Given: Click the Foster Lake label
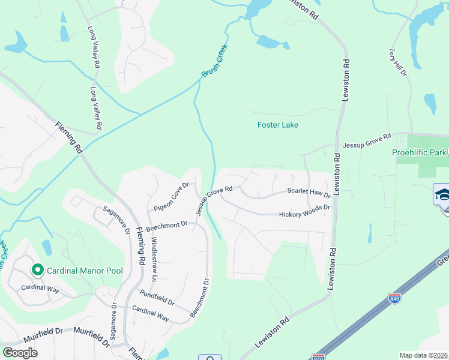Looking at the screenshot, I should (277, 125).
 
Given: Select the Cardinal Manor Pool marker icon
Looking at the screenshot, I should (37, 271).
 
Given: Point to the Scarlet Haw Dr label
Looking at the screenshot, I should (309, 193).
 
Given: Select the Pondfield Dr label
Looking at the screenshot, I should (155, 298).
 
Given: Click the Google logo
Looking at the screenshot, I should (20, 353).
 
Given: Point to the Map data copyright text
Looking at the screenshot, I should (424, 355).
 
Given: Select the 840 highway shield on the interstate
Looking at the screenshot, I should (394, 298).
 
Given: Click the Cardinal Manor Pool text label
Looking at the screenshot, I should (85, 271).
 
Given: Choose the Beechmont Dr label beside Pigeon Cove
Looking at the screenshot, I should (167, 226).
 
